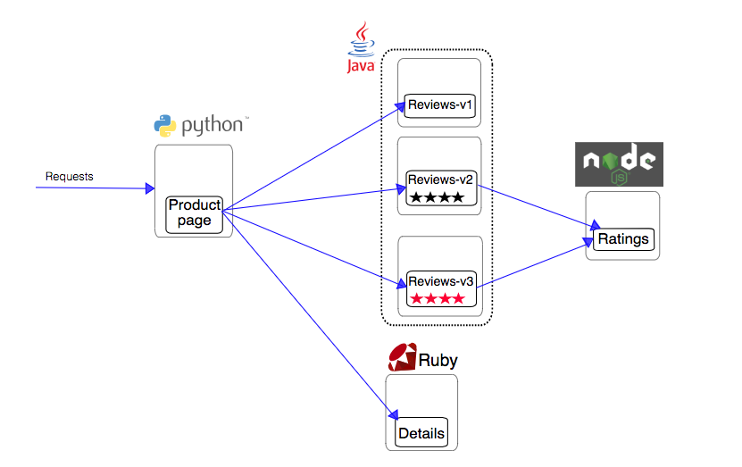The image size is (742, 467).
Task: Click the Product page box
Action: [194, 213]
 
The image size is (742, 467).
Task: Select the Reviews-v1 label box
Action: [439, 105]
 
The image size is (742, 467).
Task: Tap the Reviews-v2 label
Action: [439, 179]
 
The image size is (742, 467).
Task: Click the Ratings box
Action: [622, 239]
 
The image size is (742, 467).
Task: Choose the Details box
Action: [421, 434]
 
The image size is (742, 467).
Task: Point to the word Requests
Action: [70, 177]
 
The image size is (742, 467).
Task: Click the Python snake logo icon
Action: [164, 126]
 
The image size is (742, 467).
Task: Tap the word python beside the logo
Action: [213, 127]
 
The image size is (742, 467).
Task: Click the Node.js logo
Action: [618, 163]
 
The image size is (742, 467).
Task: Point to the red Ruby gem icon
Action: [402, 358]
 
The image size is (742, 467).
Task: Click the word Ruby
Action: [438, 361]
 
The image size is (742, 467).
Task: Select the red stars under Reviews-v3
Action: [438, 298]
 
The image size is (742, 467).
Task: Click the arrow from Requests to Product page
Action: [98, 188]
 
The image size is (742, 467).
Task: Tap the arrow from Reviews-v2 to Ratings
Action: [536, 205]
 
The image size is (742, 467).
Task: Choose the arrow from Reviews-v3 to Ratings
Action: [536, 264]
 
